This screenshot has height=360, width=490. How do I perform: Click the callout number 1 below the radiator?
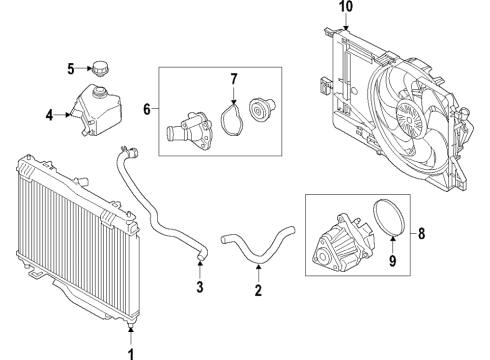tap(128, 351)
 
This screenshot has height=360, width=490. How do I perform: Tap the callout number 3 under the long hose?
tap(200, 289)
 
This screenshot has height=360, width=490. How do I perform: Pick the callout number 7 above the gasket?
tap(233, 78)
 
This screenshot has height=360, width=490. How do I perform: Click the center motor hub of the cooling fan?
tap(410, 113)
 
